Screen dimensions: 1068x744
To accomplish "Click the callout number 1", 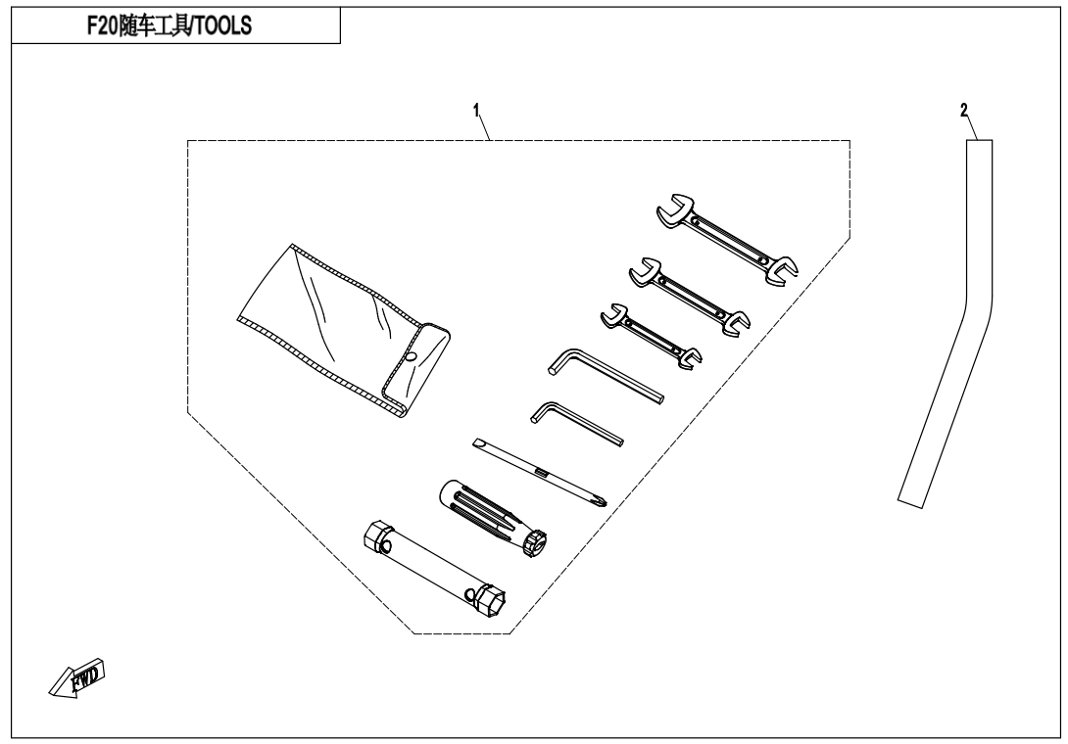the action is click(476, 110).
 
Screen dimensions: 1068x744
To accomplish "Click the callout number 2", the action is click(964, 111).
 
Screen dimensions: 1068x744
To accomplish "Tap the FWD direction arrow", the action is click(77, 677).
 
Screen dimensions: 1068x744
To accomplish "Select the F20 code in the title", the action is click(102, 25).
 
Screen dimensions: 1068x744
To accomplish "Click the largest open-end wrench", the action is click(727, 239).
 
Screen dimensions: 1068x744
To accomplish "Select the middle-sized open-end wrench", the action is click(689, 297).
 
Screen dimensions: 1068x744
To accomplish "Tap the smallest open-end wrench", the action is click(652, 336).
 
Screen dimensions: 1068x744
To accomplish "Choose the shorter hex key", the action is click(575, 423).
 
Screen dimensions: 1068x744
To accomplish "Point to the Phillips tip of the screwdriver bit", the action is click(600, 503).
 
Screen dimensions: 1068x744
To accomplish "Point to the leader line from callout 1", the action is click(484, 128).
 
